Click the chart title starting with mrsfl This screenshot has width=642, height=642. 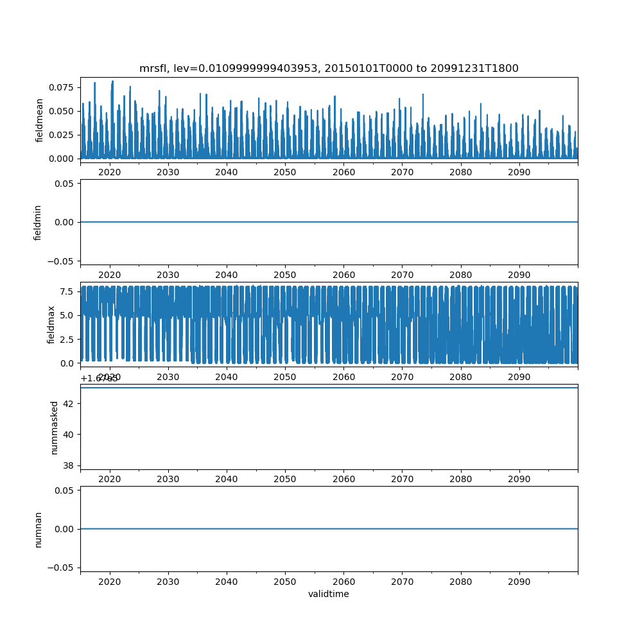[x=329, y=68]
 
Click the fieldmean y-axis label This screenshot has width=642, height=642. [x=39, y=120]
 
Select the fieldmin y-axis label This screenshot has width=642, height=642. [x=38, y=222]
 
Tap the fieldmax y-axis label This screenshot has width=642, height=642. [x=51, y=324]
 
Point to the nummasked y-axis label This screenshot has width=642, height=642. [x=55, y=427]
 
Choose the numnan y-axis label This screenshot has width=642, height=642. [x=38, y=529]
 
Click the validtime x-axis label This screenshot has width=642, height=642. [x=329, y=594]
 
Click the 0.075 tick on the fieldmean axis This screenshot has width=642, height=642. [x=64, y=87]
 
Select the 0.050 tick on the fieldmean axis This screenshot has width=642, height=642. [x=64, y=111]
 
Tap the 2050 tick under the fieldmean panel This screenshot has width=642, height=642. [x=285, y=172]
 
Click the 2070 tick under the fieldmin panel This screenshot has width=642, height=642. [x=402, y=274]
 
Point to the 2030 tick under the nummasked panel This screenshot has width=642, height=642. [x=168, y=479]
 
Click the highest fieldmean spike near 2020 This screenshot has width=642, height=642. [x=113, y=82]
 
